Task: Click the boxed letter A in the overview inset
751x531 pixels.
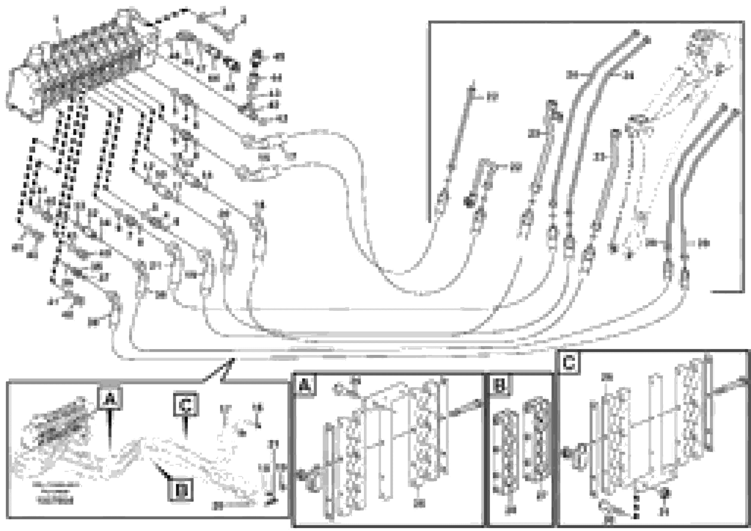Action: (x=110, y=398)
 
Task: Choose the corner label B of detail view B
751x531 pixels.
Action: (x=499, y=386)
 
